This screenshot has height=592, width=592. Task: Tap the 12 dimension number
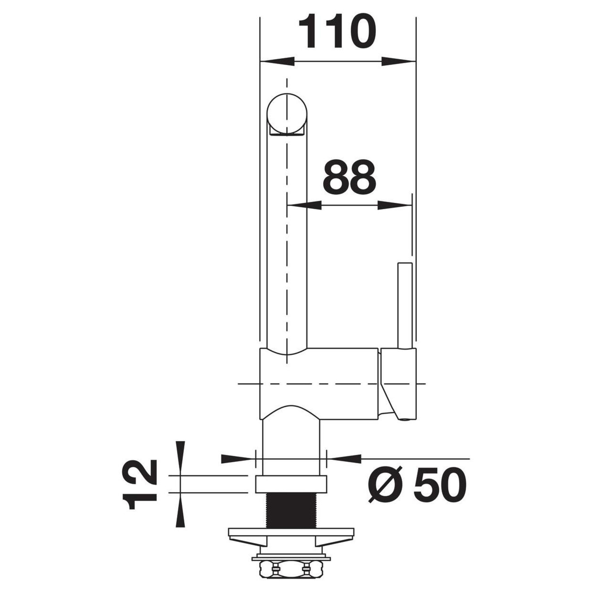point(140,487)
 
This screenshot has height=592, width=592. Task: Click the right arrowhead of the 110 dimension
point(399,61)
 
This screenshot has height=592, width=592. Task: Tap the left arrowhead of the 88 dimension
point(304,205)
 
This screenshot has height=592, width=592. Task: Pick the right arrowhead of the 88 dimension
point(395,205)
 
